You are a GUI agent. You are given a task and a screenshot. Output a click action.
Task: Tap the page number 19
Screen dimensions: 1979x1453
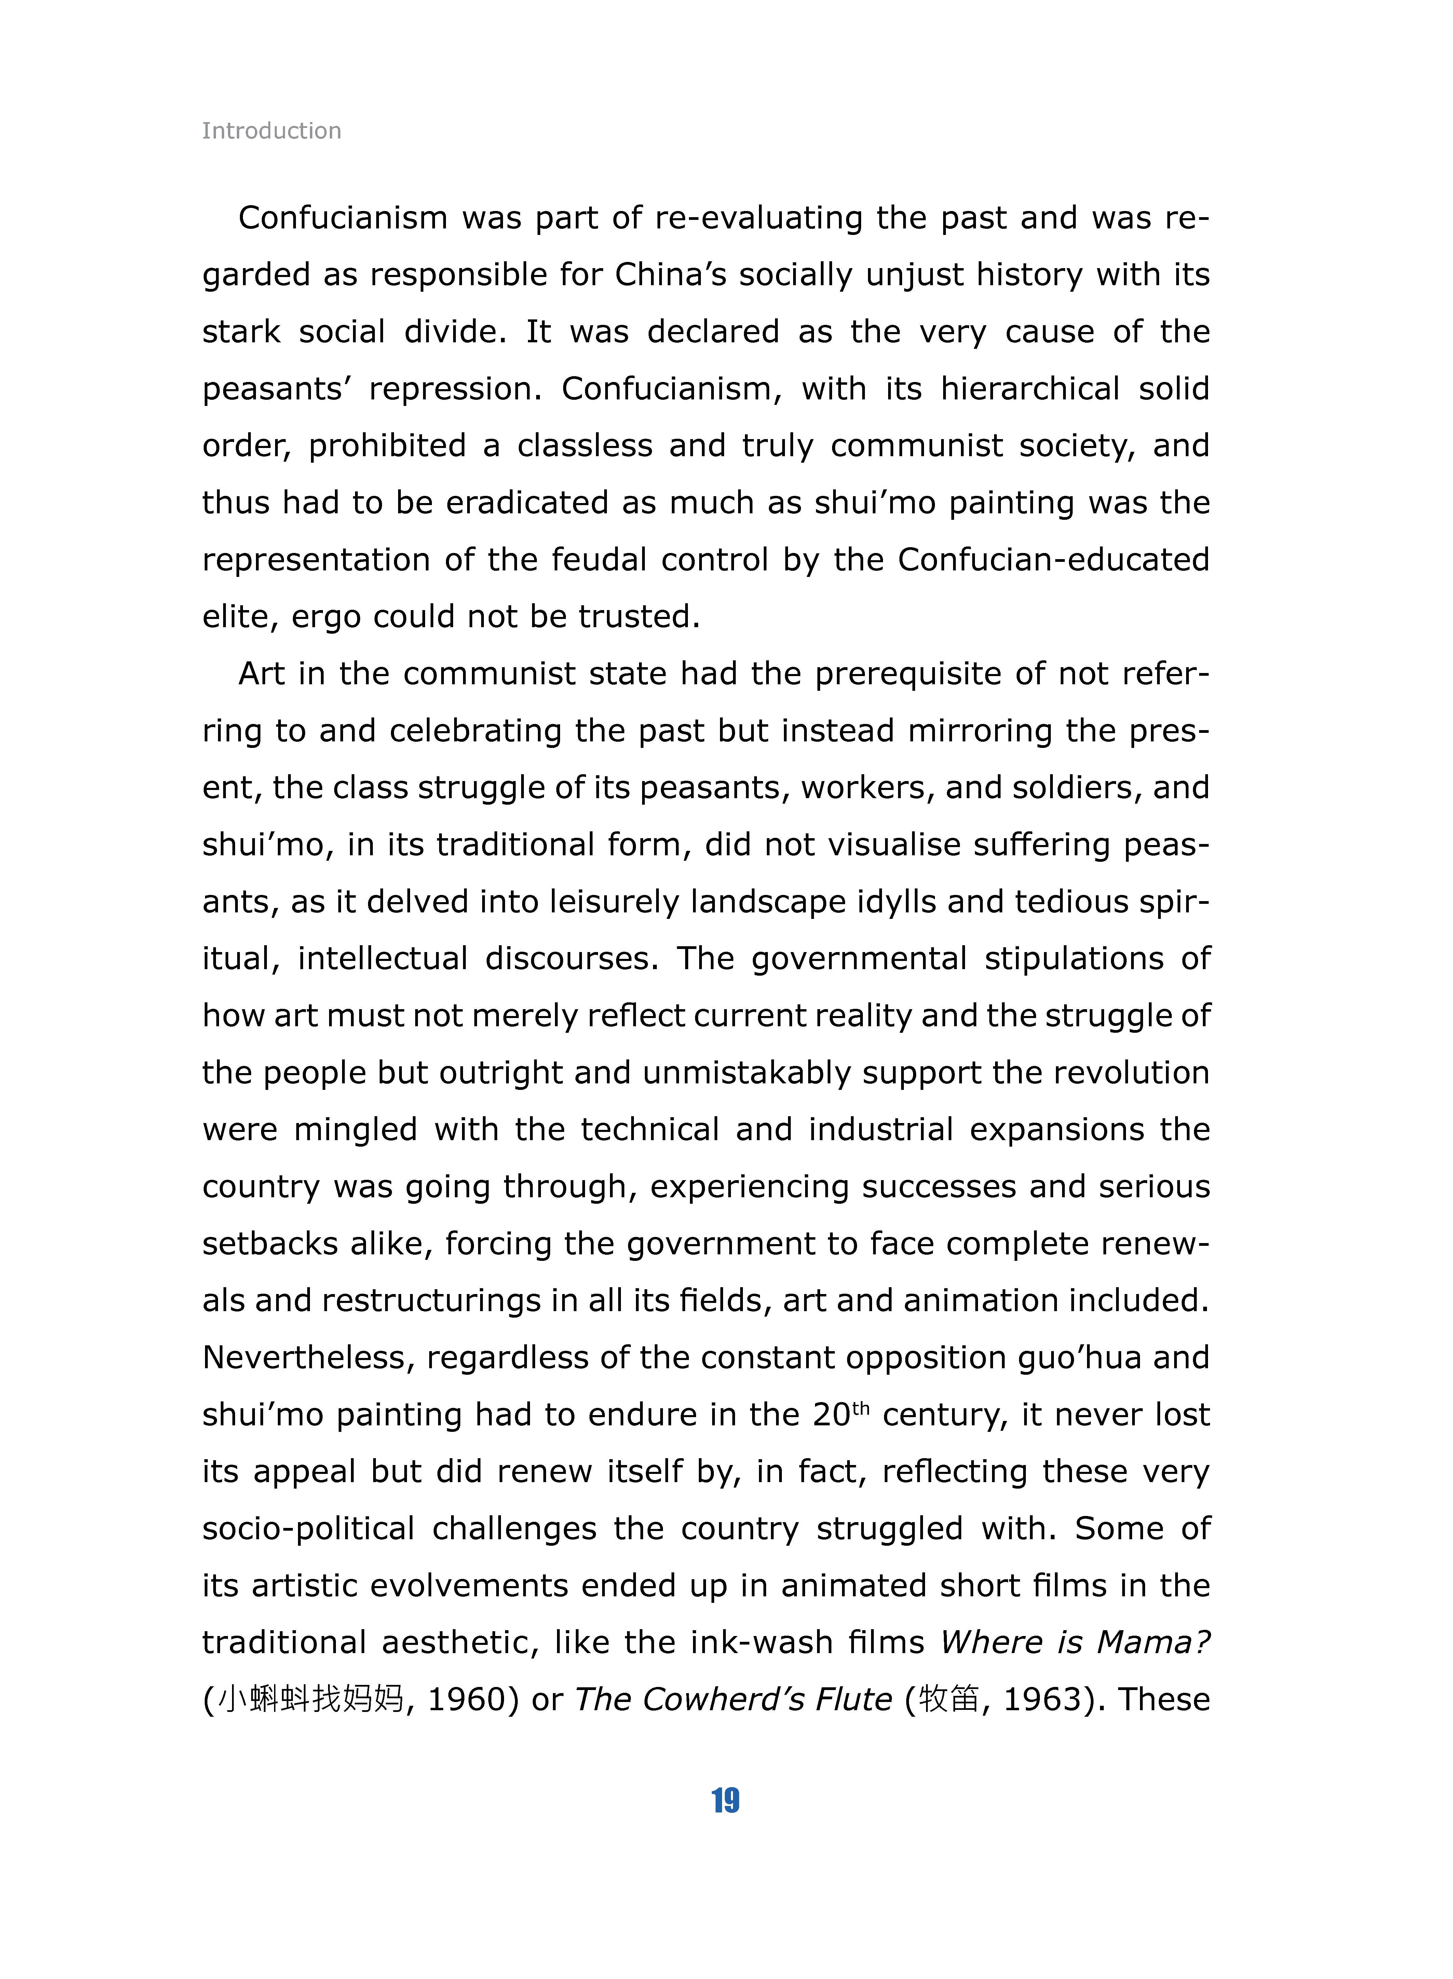pyautogui.click(x=725, y=1800)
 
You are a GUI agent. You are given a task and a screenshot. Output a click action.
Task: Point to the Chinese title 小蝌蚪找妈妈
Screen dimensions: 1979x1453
pyautogui.click(x=311, y=1700)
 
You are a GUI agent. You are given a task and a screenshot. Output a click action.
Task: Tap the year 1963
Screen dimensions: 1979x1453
pyautogui.click(x=1042, y=1700)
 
